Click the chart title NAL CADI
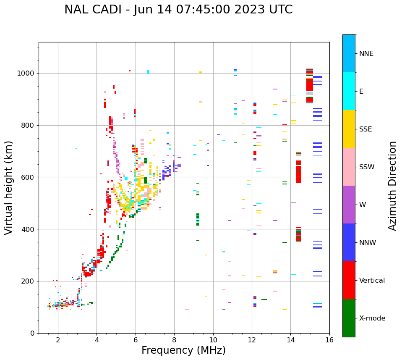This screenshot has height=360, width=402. (178, 10)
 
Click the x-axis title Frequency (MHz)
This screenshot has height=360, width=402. (183, 350)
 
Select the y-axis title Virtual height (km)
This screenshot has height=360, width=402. (9, 188)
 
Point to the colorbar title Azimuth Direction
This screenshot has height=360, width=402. (392, 186)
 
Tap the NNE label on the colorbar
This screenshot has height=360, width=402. (366, 54)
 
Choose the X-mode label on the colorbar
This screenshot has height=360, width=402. (372, 318)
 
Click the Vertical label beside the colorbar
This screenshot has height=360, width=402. (372, 281)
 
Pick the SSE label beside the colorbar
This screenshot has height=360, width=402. (365, 129)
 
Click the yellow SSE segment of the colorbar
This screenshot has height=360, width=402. (349, 129)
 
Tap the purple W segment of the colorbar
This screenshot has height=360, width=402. (349, 205)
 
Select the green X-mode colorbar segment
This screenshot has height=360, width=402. (349, 318)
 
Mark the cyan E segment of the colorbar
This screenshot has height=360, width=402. (349, 91)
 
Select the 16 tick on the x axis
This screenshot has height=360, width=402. (329, 340)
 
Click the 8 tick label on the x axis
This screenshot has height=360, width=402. (174, 340)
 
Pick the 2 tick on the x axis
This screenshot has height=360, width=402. (58, 340)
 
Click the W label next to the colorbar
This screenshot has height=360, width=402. (362, 205)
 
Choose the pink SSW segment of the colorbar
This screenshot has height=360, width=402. (349, 167)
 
